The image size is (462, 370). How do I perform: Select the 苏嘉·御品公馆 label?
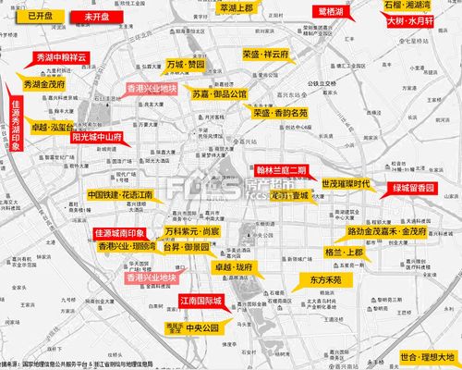click(x=220, y=94)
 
